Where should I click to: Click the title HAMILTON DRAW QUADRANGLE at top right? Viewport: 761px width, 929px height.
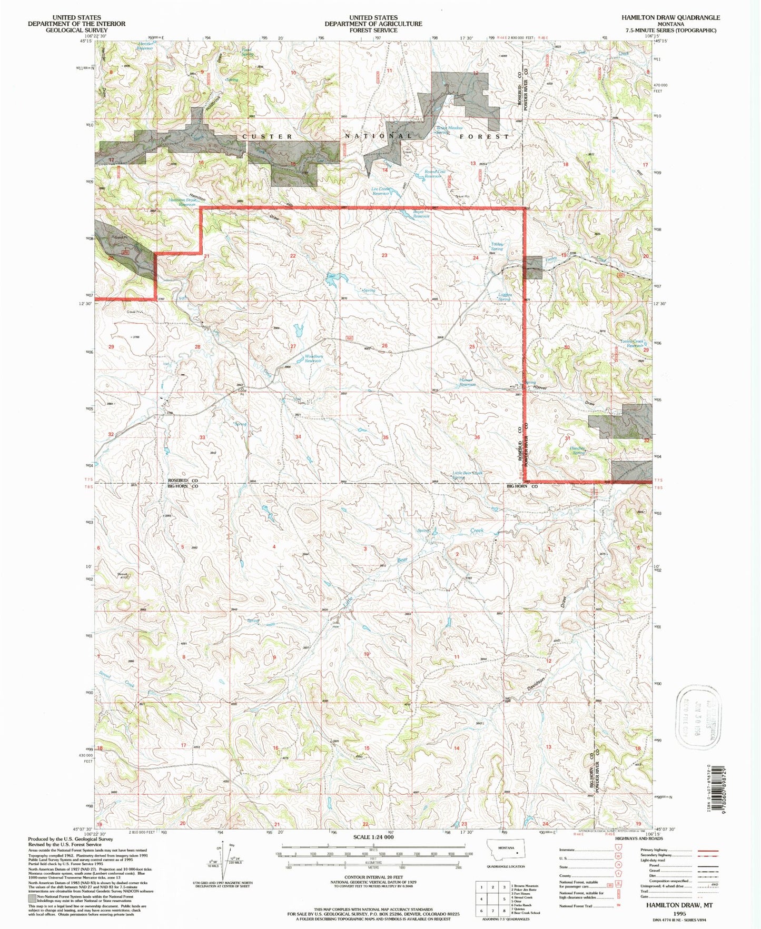pyautogui.click(x=670, y=17)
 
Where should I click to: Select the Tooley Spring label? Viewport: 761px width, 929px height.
pyautogui.click(x=497, y=246)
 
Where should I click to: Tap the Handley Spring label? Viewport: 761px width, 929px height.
pyautogui.click(x=578, y=451)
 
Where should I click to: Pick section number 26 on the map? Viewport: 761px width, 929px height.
pyautogui.click(x=385, y=346)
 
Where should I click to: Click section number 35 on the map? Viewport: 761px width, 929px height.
pyautogui.click(x=386, y=437)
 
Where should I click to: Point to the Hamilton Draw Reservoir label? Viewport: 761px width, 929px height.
pyautogui.click(x=182, y=202)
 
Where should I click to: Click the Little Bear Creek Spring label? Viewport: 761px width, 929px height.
pyautogui.click(x=467, y=475)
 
